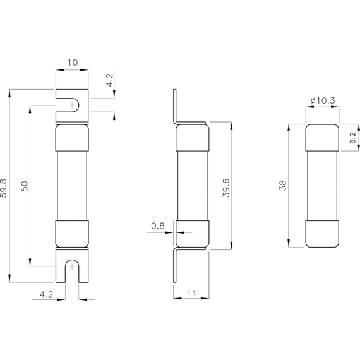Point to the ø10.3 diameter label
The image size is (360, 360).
click(x=322, y=100)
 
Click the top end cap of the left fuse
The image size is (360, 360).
click(x=71, y=137)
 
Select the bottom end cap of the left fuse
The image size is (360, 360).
click(x=71, y=234)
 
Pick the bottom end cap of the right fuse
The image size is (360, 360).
click(x=322, y=234)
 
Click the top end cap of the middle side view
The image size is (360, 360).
click(x=192, y=137)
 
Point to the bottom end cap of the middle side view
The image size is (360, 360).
click(x=192, y=234)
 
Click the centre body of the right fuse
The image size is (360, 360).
click(x=322, y=186)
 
